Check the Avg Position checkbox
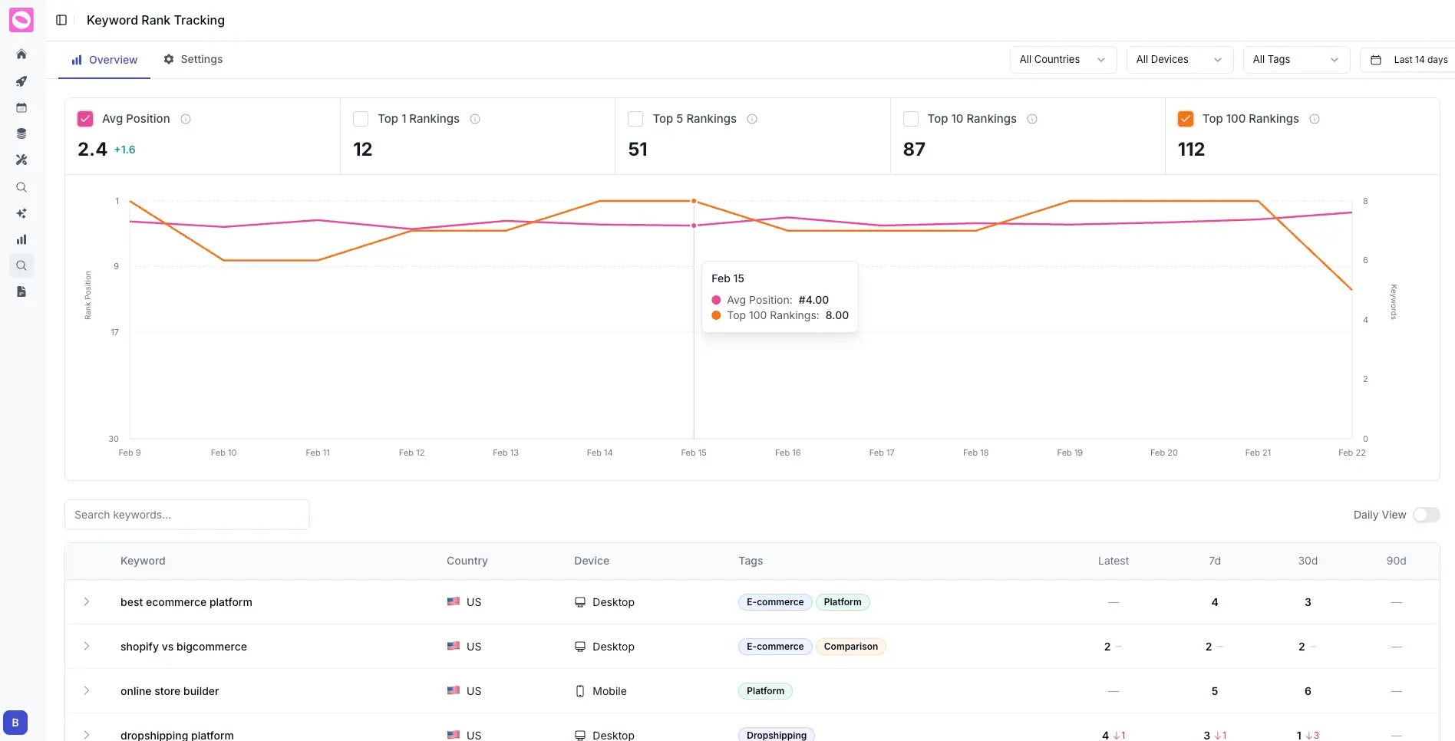(x=85, y=119)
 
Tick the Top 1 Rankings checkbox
(x=361, y=119)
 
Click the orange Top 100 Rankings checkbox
(x=1186, y=119)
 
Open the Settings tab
(x=193, y=59)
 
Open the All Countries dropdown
(x=1062, y=59)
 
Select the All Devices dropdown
(x=1179, y=59)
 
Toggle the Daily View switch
(x=1426, y=515)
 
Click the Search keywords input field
(x=186, y=515)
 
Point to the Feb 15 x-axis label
(x=694, y=453)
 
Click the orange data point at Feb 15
(x=694, y=201)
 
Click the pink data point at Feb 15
(x=694, y=226)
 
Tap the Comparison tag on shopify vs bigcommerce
(x=850, y=647)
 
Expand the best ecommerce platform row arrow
(x=87, y=602)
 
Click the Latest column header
(x=1113, y=561)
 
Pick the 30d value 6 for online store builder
(x=1308, y=691)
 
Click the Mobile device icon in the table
(x=580, y=691)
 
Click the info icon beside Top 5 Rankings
(x=752, y=119)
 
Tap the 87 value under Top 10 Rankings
(x=914, y=149)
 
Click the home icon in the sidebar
(x=21, y=54)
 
